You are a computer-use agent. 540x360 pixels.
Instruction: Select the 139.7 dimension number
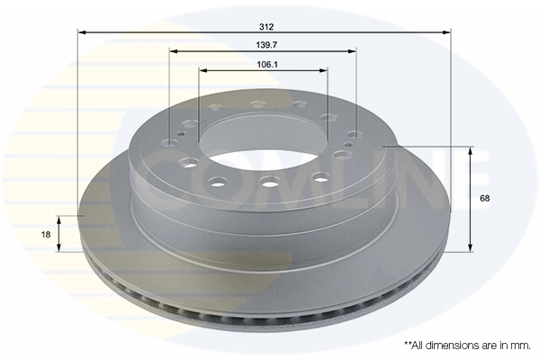click(x=264, y=44)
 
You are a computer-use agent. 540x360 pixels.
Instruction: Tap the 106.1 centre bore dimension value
click(x=264, y=63)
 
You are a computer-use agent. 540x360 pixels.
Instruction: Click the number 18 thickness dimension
click(x=46, y=233)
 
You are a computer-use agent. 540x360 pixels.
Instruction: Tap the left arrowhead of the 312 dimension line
click(x=81, y=33)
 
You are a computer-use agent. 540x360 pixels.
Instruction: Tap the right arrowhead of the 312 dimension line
click(x=447, y=33)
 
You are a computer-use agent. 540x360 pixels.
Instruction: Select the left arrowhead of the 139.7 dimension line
click(x=172, y=51)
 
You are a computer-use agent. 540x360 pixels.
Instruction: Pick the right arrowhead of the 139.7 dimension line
click(x=355, y=51)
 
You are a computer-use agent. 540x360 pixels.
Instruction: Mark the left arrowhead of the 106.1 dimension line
click(x=202, y=69)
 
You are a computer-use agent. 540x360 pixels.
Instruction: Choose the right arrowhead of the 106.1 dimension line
click(x=325, y=69)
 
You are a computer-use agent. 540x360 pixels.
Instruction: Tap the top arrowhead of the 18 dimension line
click(x=59, y=219)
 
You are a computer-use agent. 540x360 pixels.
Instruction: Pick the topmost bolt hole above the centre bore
click(x=258, y=103)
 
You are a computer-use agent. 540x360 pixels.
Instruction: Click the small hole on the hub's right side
click(x=349, y=144)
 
